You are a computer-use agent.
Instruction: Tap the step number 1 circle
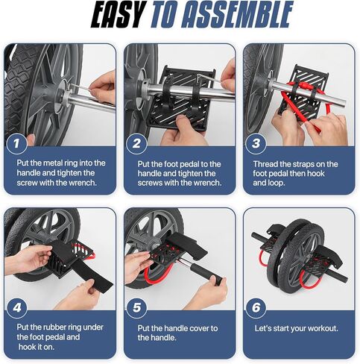tap(20, 140)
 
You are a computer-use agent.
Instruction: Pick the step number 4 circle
tap(20, 307)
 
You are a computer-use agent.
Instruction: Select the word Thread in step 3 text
tap(271, 164)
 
